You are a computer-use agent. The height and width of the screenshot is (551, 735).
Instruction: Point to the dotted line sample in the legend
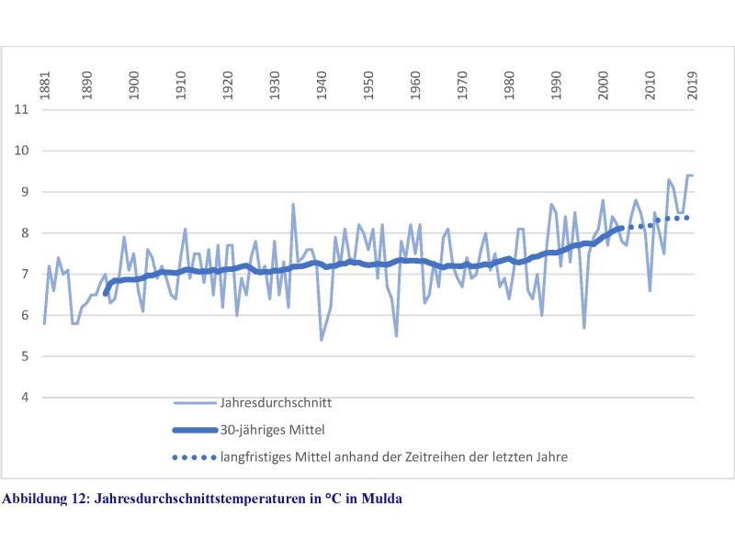pos(193,455)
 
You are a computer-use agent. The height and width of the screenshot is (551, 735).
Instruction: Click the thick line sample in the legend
pos(193,429)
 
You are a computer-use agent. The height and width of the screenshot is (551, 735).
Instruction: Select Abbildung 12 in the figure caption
pos(45,499)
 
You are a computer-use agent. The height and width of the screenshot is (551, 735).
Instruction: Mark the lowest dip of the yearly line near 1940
pos(322,340)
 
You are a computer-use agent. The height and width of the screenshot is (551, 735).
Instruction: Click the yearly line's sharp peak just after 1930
pos(293,204)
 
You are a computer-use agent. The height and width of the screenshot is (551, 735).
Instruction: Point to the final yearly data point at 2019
pos(692,175)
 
